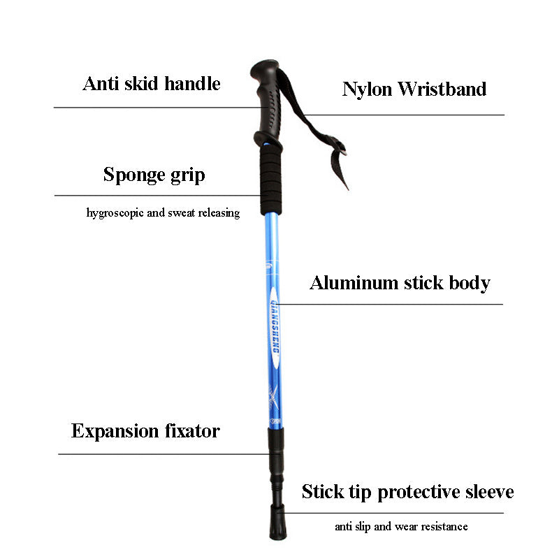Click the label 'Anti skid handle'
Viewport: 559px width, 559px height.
pos(152,84)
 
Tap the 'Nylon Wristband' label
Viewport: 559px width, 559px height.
pos(414,89)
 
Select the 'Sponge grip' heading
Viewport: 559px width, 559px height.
pos(154,175)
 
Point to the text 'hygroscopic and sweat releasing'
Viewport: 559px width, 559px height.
pos(163,213)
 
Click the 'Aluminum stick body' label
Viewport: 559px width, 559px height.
pos(400,283)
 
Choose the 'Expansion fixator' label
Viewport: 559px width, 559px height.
pos(145,430)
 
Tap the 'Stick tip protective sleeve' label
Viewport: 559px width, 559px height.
pos(408,492)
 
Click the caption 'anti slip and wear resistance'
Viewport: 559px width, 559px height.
pos(401,527)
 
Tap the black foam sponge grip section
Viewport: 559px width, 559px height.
pos(271,181)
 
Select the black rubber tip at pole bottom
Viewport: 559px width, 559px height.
pos(278,521)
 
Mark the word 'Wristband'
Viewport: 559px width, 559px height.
pos(442,89)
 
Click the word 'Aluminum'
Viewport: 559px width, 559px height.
pos(354,283)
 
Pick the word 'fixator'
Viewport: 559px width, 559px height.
pos(192,430)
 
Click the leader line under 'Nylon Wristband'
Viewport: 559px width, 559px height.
pos(404,115)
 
